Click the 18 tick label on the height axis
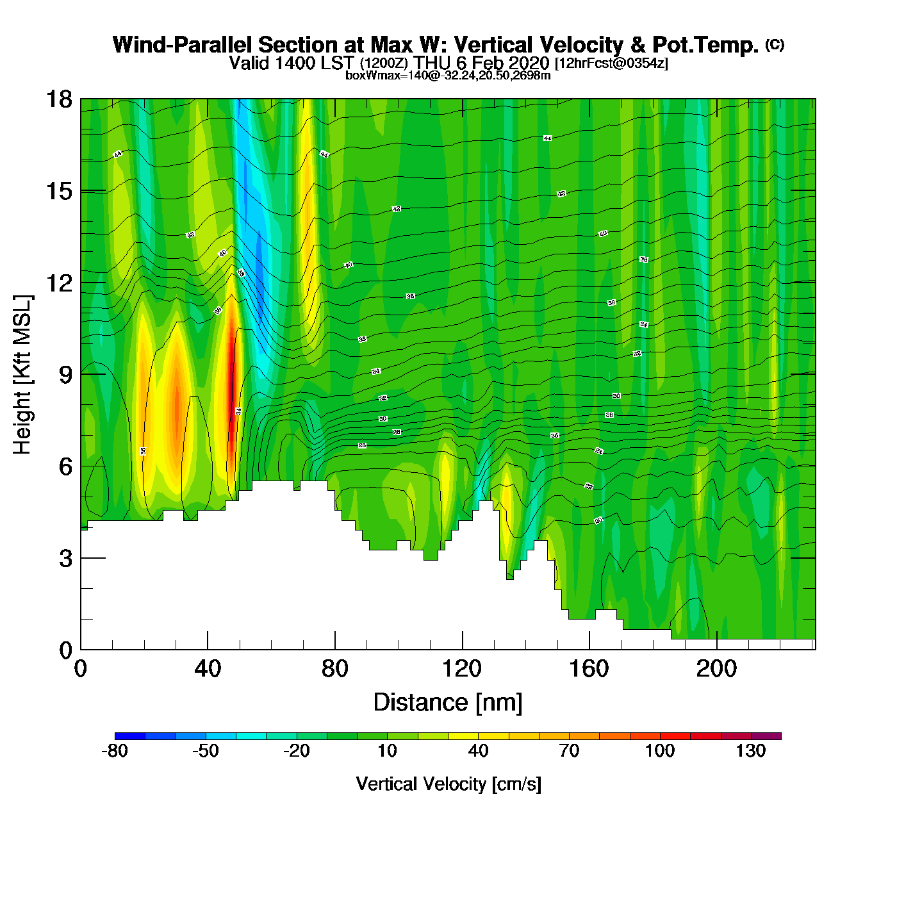(58, 99)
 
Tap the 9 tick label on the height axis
(65, 375)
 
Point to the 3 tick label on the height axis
(65, 559)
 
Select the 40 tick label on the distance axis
(208, 669)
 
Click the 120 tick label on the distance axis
(461, 669)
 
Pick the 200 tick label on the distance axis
(716, 669)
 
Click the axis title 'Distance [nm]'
(448, 703)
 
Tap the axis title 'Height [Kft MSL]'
(22, 375)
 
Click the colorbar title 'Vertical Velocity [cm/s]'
(448, 784)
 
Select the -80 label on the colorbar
(115, 751)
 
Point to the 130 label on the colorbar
(750, 751)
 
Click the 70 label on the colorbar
(569, 751)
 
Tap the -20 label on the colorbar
(297, 751)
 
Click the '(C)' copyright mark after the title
(775, 44)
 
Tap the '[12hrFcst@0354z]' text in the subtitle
(611, 63)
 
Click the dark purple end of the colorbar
(766, 736)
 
